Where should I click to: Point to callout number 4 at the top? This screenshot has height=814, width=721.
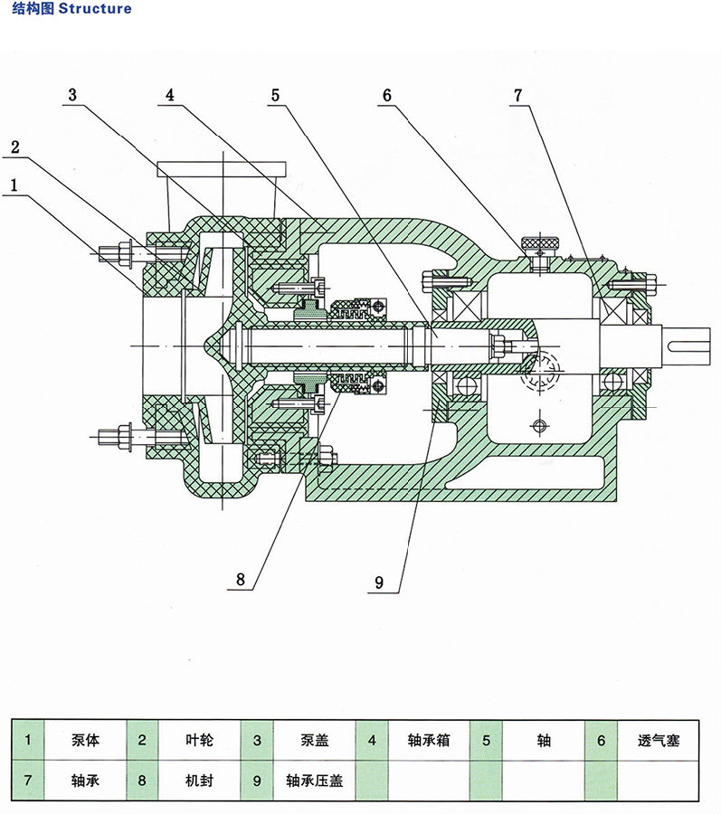pyautogui.click(x=169, y=96)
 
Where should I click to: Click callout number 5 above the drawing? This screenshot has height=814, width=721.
pyautogui.click(x=275, y=96)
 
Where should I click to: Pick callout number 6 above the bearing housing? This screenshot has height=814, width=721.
pyautogui.click(x=386, y=96)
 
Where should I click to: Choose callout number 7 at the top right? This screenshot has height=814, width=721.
pyautogui.click(x=517, y=96)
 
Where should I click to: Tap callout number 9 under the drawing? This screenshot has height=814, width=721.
pyautogui.click(x=379, y=583)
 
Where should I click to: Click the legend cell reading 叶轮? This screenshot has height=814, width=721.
pyautogui.click(x=200, y=741)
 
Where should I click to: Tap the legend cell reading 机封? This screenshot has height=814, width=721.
pyautogui.click(x=200, y=779)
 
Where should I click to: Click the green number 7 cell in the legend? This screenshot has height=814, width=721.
pyautogui.click(x=28, y=779)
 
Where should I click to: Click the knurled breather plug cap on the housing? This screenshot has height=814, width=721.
pyautogui.click(x=540, y=243)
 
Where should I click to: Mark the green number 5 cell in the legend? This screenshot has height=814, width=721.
pyautogui.click(x=486, y=741)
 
